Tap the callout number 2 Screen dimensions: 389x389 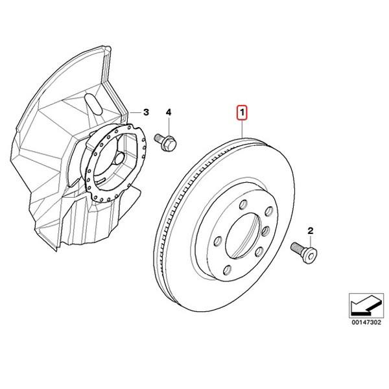(x=310, y=231)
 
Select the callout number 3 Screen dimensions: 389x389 (x=147, y=112)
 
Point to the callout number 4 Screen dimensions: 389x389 (x=169, y=112)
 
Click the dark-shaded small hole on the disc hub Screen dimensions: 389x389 (x=266, y=231)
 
